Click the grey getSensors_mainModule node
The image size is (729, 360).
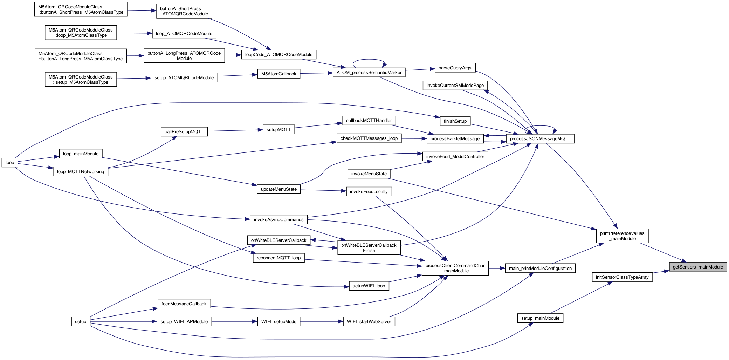pos(698,267)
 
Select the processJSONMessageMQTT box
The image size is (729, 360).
pos(540,139)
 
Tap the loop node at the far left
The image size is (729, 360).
pos(10,163)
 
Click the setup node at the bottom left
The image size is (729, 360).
pos(81,322)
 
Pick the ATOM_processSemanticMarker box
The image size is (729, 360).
pos(369,73)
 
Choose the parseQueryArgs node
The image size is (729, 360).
pos(455,68)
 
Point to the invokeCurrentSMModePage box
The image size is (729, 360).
pos(455,86)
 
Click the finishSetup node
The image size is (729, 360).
pos(455,121)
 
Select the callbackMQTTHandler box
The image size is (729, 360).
pos(369,121)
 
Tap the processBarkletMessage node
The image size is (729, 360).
pos(455,139)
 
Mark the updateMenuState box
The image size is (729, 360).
pos(278,189)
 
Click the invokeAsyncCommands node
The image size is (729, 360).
pos(278,220)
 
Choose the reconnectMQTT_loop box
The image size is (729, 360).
pos(278,258)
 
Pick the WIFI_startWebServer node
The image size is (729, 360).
pos(369,322)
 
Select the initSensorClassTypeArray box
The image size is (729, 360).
pos(622,277)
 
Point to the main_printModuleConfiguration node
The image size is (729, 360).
pos(540,269)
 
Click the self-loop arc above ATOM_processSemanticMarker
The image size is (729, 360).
pos(369,59)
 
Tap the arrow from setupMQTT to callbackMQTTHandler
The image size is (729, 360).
pos(318,125)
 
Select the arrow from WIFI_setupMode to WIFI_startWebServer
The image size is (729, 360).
pos(321,322)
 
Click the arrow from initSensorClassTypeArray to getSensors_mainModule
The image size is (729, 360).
pos(661,272)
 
